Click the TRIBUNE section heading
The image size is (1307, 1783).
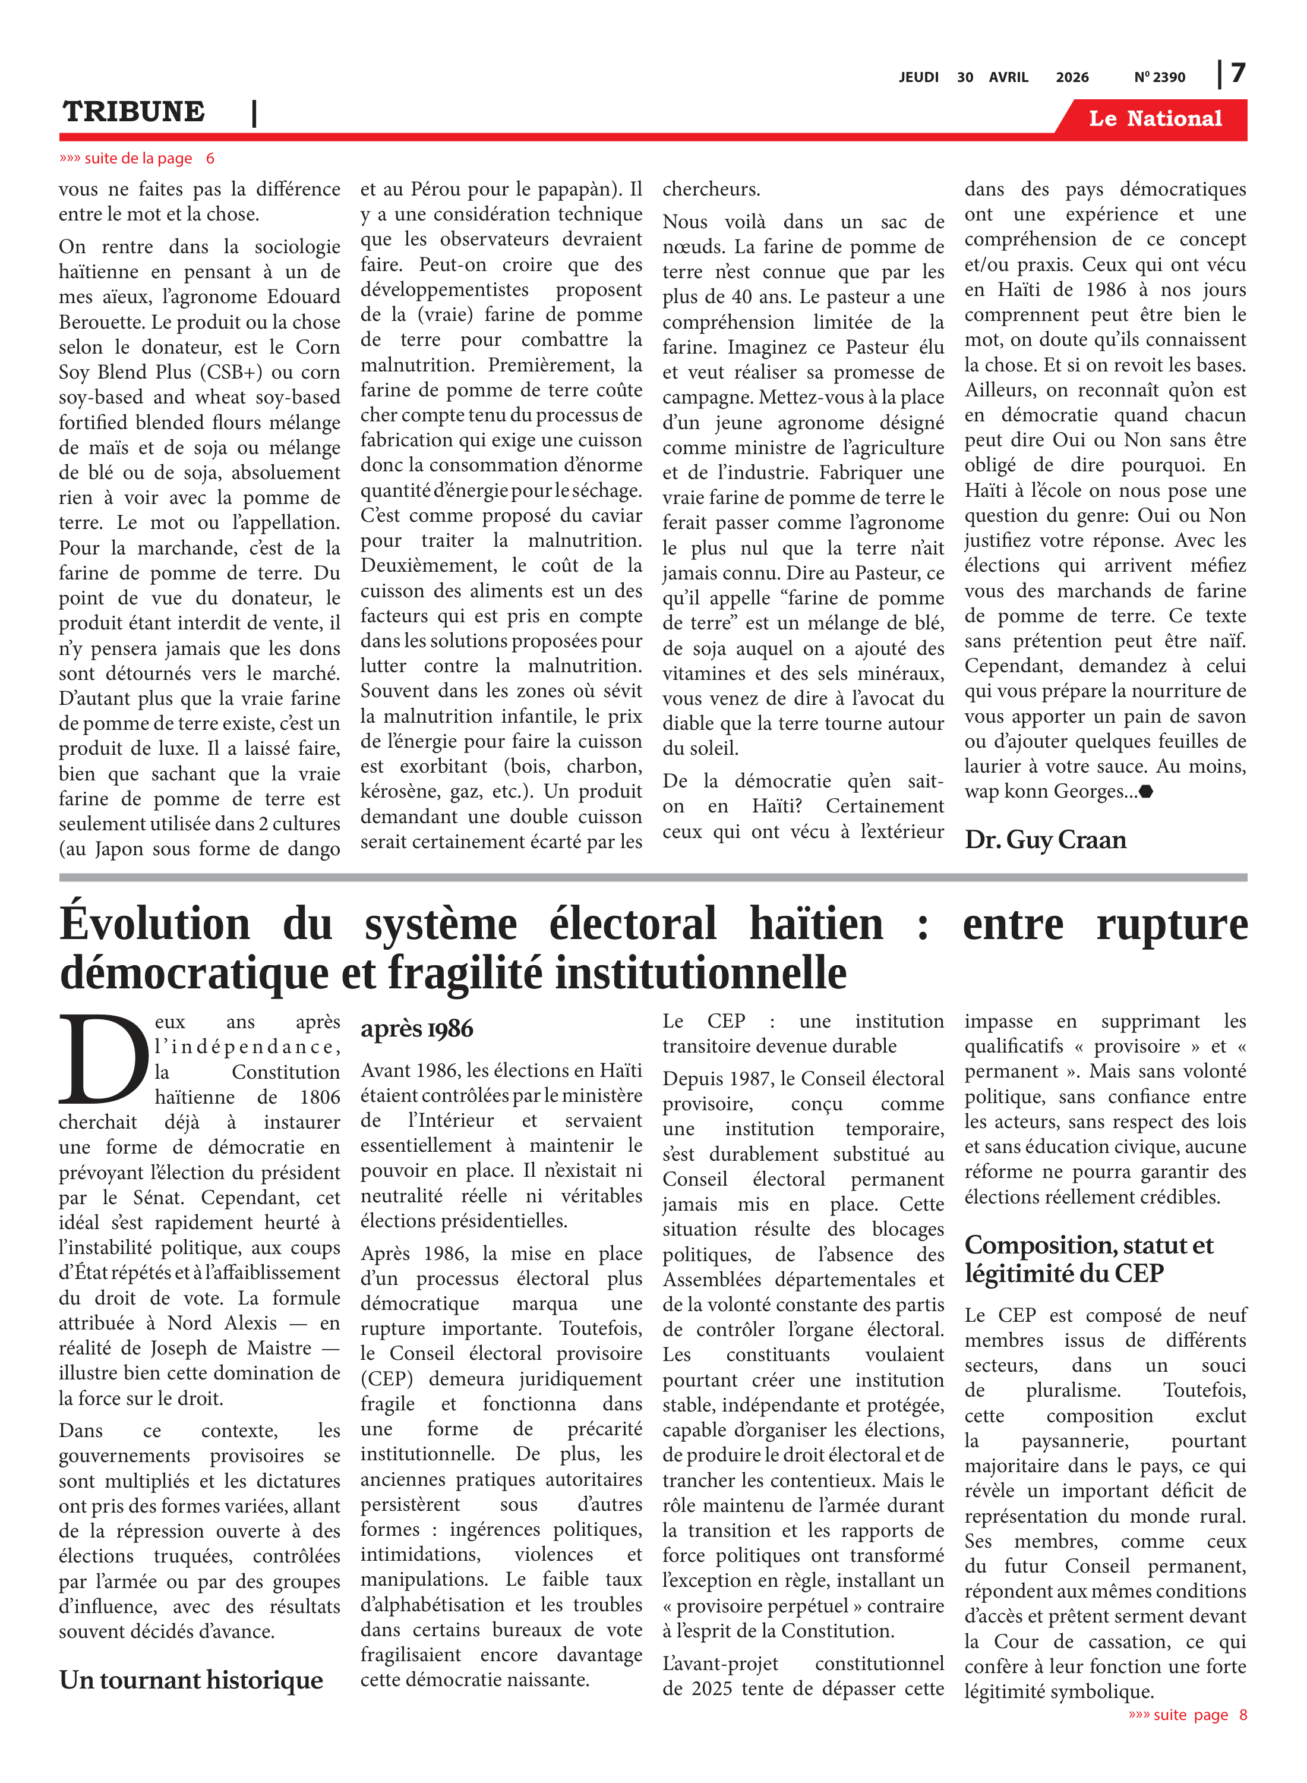click(134, 112)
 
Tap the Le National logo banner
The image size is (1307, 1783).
click(1154, 119)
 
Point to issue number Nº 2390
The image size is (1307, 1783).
click(1159, 77)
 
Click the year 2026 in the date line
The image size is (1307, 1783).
click(1072, 77)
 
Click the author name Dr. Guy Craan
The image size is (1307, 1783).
click(1045, 840)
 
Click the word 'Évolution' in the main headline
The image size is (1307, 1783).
click(155, 924)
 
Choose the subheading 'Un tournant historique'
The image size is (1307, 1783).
click(191, 1680)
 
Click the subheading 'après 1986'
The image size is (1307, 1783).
click(417, 1029)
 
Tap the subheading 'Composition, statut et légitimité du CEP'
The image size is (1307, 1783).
click(1088, 1259)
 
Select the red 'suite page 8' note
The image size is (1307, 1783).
click(1188, 1715)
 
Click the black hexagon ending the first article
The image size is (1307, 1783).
click(1145, 792)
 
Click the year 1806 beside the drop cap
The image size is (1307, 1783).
click(320, 1097)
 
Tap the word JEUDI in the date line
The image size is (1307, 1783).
click(918, 77)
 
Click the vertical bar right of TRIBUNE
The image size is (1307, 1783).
click(254, 113)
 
